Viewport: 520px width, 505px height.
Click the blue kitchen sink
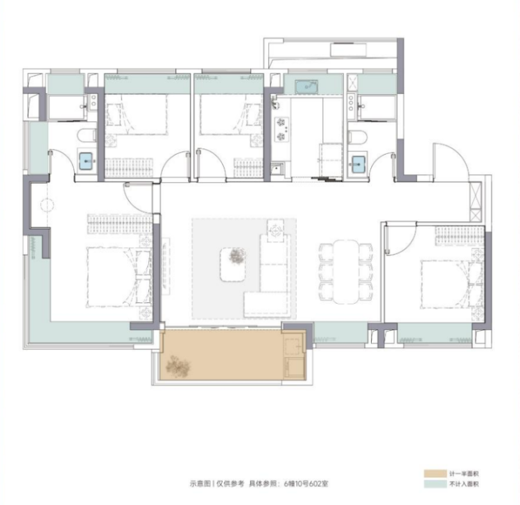pyautogui.click(x=306, y=87)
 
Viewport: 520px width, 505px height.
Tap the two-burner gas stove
pyautogui.click(x=281, y=130)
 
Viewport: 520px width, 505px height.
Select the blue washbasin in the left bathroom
pyautogui.click(x=87, y=161)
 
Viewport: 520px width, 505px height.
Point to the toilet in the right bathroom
pyautogui.click(x=357, y=137)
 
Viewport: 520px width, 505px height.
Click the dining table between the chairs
pyautogui.click(x=346, y=272)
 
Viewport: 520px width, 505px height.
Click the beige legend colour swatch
pyautogui.click(x=435, y=473)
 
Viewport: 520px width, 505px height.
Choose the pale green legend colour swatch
pyautogui.click(x=435, y=483)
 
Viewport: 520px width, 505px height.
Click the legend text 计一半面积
pyautogui.click(x=464, y=474)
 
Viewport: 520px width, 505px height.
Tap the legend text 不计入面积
pyautogui.click(x=464, y=484)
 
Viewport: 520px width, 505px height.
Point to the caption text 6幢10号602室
pyautogui.click(x=306, y=483)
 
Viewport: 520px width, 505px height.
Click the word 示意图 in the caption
pyautogui.click(x=200, y=483)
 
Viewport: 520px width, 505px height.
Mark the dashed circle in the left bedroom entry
pyautogui.click(x=47, y=205)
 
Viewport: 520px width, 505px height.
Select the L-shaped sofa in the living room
pyautogui.click(x=268, y=275)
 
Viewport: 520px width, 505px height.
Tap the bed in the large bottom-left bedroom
pyautogui.click(x=119, y=277)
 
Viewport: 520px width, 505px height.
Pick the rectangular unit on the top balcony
pyautogui.click(x=348, y=50)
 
